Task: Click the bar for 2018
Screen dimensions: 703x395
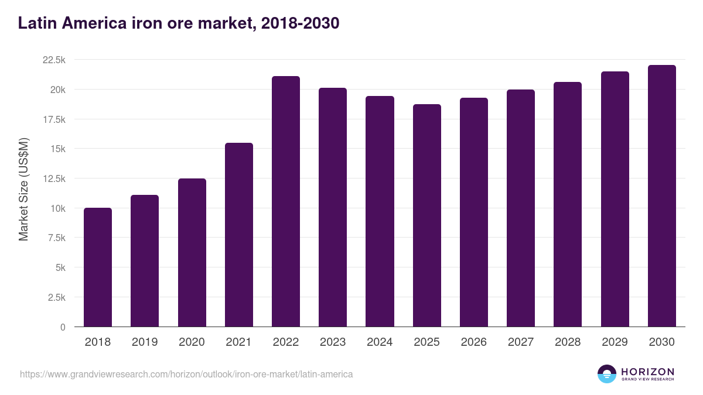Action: (98, 267)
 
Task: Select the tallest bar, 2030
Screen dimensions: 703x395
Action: (661, 196)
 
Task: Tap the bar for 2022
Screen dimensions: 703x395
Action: (286, 201)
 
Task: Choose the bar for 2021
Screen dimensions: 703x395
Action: (238, 235)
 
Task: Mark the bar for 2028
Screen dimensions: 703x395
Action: (568, 204)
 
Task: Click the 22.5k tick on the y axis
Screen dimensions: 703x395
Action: (53, 60)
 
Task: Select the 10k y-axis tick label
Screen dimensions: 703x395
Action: (57, 208)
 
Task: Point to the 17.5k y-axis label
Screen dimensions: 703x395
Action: (53, 119)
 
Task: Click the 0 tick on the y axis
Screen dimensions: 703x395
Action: (63, 327)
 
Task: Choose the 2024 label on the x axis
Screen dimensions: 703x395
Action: (380, 342)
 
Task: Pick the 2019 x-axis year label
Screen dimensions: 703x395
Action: (145, 342)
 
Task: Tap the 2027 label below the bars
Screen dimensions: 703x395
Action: (521, 342)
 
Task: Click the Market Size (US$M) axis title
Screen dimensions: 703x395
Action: (24, 188)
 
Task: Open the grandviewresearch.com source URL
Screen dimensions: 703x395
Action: (186, 374)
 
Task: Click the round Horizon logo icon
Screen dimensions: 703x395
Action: (607, 374)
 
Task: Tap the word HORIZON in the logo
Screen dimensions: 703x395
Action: (648, 371)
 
